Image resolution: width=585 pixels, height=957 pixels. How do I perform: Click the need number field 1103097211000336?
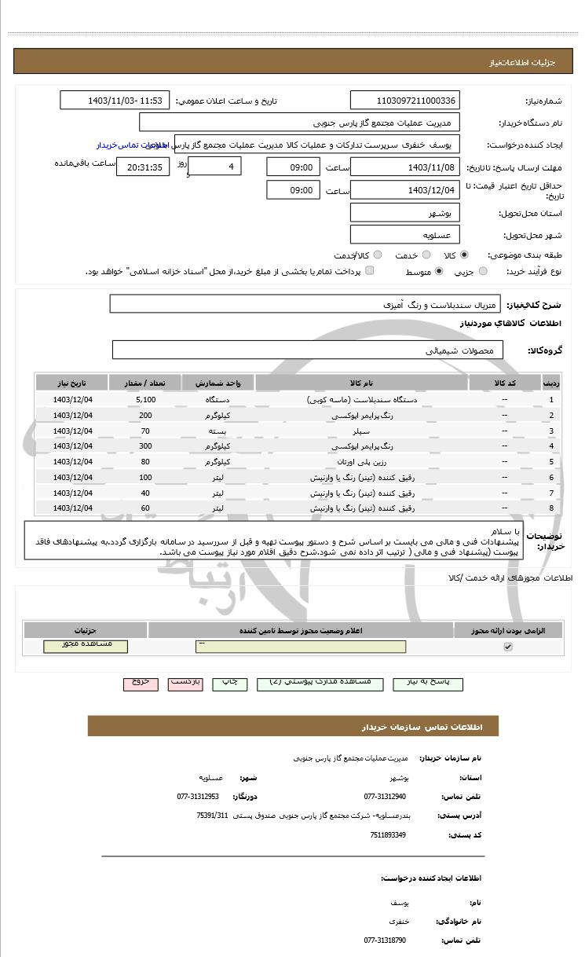pos(404,101)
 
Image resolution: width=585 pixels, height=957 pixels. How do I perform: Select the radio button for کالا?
pos(464,255)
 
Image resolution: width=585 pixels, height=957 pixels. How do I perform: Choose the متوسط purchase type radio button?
pos(438,271)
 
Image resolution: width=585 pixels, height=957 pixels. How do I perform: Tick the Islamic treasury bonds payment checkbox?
pos(370,271)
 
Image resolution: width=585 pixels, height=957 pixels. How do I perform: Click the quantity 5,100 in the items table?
pos(145,400)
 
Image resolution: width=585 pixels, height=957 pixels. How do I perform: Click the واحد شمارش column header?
pos(218,383)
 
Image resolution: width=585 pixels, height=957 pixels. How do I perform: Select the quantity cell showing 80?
pos(145,461)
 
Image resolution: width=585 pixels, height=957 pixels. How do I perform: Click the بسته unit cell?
pos(218,431)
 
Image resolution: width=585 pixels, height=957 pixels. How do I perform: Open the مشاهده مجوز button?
pos(86,646)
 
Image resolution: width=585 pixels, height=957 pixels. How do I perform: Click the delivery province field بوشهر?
pos(404,213)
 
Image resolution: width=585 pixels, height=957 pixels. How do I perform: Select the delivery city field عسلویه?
pos(404,234)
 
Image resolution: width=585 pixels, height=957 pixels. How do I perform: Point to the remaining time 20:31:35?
pos(143,167)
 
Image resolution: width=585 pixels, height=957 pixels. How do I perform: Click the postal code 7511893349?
pos(388,834)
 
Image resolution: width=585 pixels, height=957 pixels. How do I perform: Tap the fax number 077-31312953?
pos(198,796)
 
